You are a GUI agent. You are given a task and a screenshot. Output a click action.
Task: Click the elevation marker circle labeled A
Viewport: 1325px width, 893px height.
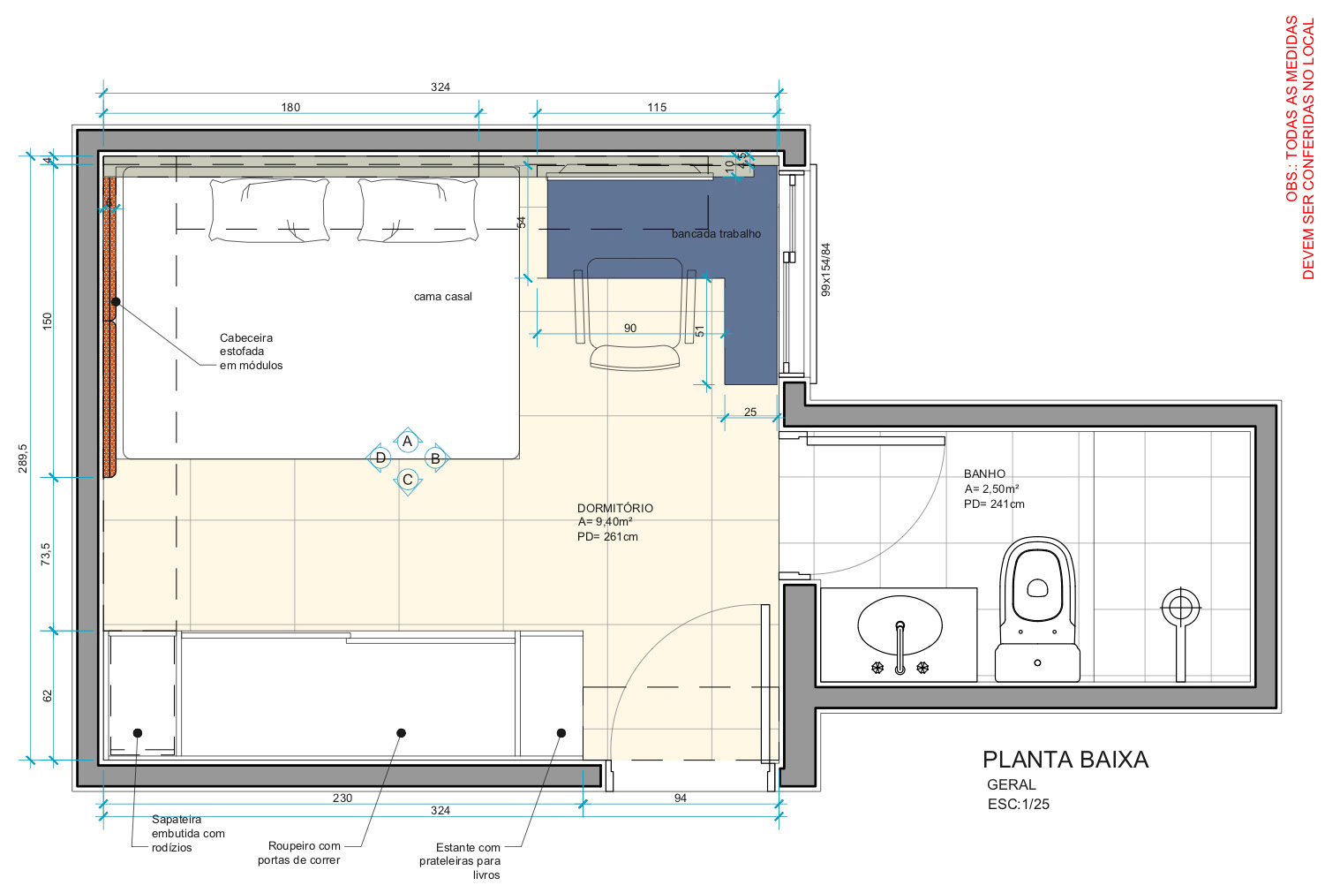(x=407, y=442)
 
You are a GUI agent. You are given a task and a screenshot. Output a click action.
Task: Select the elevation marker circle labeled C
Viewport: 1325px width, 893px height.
(x=408, y=480)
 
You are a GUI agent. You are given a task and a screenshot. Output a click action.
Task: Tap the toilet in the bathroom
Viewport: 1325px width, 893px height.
(x=1037, y=609)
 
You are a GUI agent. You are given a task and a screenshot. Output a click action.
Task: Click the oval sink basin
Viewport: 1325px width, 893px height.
(x=900, y=625)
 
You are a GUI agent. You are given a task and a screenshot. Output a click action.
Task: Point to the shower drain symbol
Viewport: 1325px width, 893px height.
(x=1180, y=608)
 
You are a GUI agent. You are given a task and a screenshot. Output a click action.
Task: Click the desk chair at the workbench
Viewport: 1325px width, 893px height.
(x=635, y=314)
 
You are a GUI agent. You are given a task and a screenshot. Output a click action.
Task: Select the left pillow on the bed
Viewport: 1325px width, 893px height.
(x=269, y=210)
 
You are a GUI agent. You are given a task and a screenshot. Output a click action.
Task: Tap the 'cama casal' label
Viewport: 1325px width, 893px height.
(x=442, y=297)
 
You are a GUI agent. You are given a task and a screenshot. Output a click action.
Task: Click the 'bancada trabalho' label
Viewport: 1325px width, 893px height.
(x=716, y=234)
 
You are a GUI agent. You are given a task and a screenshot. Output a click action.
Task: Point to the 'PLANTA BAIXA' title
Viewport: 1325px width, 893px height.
(x=1065, y=760)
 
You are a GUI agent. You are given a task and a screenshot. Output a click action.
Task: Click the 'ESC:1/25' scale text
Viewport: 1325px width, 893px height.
(x=1018, y=805)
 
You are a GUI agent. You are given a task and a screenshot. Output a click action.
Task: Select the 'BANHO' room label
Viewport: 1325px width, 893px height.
(x=984, y=473)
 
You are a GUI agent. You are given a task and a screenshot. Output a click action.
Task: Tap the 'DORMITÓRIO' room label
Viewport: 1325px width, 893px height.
(x=615, y=508)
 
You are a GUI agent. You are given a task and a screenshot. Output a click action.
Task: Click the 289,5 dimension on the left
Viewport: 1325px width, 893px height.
(x=23, y=458)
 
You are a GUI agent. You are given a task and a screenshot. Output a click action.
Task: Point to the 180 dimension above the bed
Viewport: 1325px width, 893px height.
(x=290, y=107)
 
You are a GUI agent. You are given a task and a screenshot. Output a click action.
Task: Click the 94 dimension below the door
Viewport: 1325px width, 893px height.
(x=681, y=798)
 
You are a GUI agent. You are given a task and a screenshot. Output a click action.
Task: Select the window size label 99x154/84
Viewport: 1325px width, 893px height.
(x=825, y=270)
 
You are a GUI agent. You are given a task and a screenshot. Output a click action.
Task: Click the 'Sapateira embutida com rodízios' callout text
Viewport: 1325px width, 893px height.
(x=188, y=833)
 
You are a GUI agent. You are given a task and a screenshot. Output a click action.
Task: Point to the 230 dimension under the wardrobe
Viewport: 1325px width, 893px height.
(x=343, y=798)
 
